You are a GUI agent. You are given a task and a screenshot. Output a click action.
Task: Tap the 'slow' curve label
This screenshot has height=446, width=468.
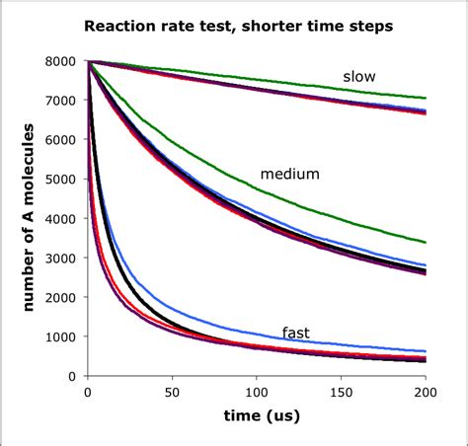(x=359, y=76)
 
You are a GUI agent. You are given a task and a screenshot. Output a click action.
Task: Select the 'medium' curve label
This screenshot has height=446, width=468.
(x=290, y=175)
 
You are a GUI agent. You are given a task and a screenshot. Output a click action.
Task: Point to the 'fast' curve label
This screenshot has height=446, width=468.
(x=295, y=333)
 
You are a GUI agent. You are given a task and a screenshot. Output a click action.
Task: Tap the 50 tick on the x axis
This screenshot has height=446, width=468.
(x=172, y=392)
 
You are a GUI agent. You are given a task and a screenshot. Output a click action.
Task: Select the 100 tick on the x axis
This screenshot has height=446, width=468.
(x=257, y=392)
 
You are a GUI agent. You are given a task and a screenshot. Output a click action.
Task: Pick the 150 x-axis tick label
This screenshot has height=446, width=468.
(x=342, y=392)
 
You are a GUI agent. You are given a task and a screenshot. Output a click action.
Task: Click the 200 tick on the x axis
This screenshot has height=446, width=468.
(x=426, y=392)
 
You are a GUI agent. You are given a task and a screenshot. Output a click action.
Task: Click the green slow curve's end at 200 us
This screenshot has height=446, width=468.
(x=426, y=98)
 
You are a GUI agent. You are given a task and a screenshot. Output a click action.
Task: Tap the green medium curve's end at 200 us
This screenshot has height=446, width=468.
(x=426, y=242)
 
